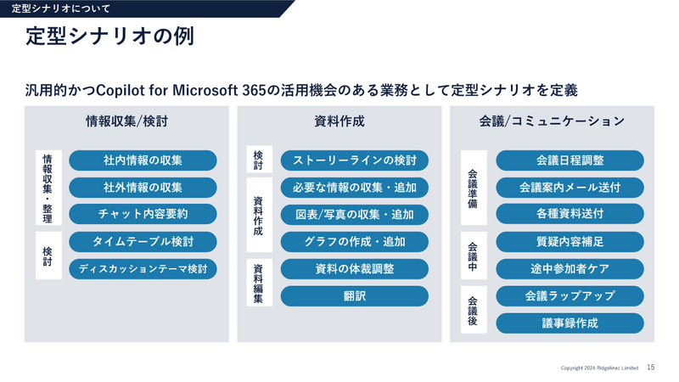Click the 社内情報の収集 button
pos(143,160)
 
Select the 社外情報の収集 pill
pos(143,187)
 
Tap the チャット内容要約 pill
pos(143,214)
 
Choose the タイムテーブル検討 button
pos(143,242)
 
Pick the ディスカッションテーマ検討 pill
pos(143,269)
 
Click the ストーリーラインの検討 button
pos(355,160)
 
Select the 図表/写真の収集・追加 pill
pos(355,214)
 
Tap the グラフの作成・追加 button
pos(355,242)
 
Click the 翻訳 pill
pos(355,296)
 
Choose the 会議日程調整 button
pos(570,160)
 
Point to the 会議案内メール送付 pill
pos(570,187)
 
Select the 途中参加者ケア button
pos(570,269)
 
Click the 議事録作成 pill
pos(570,323)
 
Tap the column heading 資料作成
pos(339,121)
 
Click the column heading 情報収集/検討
pos(126,121)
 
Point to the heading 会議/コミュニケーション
pos(552,121)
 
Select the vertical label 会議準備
pos(473,188)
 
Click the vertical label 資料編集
pos(258,283)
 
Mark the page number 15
pos(650,368)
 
